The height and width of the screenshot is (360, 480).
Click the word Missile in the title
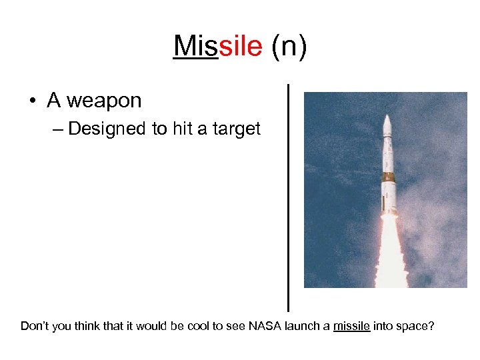tap(217, 47)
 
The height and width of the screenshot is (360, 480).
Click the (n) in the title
tap(289, 47)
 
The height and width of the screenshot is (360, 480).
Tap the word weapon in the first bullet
tap(105, 101)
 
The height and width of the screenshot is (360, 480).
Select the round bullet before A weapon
tap(32, 101)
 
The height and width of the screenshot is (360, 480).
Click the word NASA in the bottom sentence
tap(266, 327)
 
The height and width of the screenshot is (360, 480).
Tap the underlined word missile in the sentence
tap(351, 327)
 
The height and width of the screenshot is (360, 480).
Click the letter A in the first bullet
tap(54, 101)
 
